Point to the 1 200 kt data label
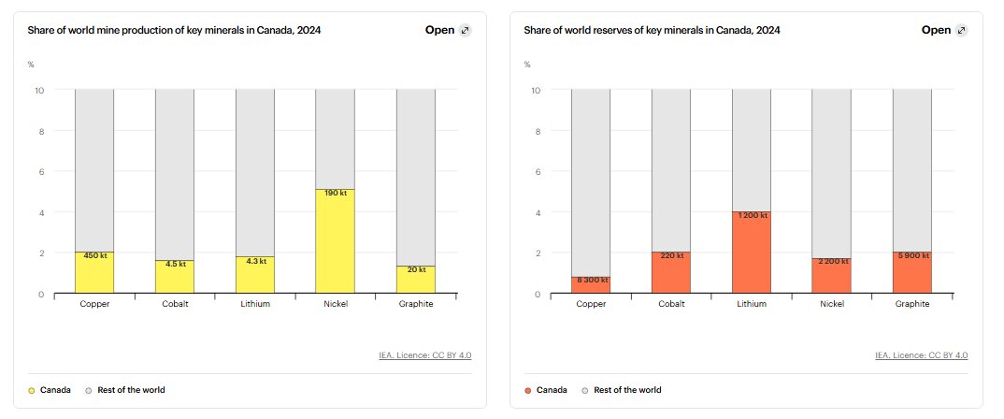tap(752, 215)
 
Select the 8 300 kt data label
tap(592, 280)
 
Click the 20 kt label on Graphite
tap(416, 269)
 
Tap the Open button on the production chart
tap(439, 30)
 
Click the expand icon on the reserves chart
tap(961, 30)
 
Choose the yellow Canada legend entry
tap(52, 389)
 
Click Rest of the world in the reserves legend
tap(626, 389)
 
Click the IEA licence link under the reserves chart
tap(921, 355)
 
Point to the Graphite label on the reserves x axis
tap(911, 304)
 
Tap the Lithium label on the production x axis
tap(255, 304)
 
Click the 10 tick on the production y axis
tap(38, 91)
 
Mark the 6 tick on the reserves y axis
tap(537, 172)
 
